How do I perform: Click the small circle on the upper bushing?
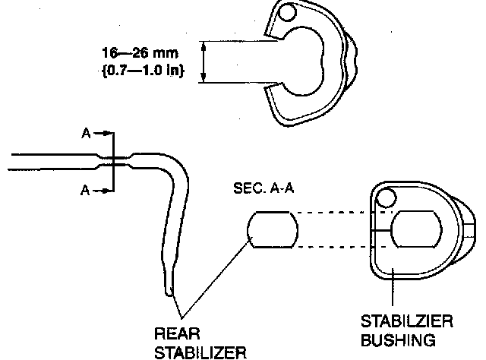pos(287,14)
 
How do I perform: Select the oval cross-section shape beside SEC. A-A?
pos(271,230)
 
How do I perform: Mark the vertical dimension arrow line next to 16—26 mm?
pos(204,62)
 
